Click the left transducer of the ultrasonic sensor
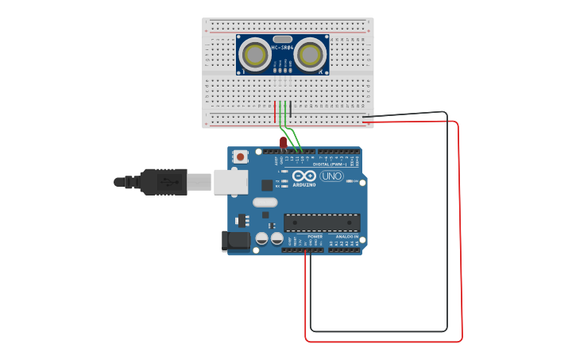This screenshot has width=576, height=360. click(255, 54)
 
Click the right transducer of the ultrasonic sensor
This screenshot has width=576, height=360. click(310, 54)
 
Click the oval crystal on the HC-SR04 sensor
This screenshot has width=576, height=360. click(282, 39)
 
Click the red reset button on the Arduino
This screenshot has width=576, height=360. click(241, 157)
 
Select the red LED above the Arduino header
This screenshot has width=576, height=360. click(283, 142)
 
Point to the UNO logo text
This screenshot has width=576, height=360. click(331, 176)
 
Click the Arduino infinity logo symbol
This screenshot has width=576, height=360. click(304, 176)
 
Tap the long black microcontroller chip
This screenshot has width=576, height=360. click(322, 223)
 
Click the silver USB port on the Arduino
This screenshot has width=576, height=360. click(230, 182)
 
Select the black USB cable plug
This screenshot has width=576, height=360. click(164, 182)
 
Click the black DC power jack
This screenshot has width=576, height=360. click(235, 240)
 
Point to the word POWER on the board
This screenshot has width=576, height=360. click(315, 236)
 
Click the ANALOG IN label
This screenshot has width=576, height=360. click(346, 236)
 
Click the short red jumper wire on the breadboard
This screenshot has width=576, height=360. click(275, 111)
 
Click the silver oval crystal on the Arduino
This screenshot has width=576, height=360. click(265, 202)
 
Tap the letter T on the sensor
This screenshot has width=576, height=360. click(242, 72)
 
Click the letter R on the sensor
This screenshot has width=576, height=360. click(322, 72)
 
